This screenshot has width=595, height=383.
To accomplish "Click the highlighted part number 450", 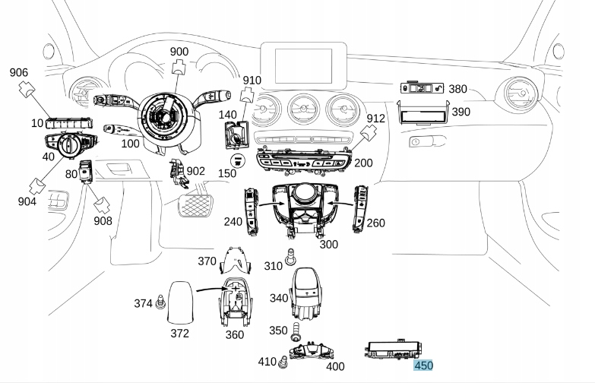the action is point(423,366).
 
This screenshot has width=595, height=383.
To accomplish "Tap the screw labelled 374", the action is point(161,302).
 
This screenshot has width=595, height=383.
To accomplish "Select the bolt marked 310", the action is point(291,257).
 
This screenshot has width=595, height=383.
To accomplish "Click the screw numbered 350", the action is point(296,331).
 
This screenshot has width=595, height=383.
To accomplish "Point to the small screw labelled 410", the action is point(283,362).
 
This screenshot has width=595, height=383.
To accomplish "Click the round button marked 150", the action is point(238,161).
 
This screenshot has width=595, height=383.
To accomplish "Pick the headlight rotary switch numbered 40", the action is point(70,144).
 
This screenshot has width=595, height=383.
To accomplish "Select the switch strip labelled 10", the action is point(68,123).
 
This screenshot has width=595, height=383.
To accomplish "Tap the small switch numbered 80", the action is point(85,172).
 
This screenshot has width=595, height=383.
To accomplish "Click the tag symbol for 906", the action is point(27,90).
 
